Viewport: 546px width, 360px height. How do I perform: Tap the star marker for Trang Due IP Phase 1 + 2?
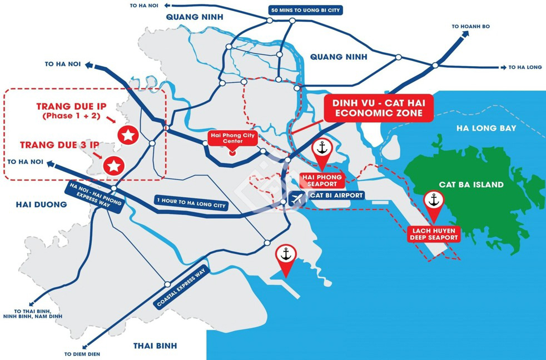(x=128, y=134)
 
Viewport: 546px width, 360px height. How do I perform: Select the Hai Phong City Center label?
(x=234, y=138)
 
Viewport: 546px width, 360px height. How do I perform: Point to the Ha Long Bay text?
(x=486, y=128)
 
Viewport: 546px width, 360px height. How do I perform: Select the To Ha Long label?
(x=525, y=67)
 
